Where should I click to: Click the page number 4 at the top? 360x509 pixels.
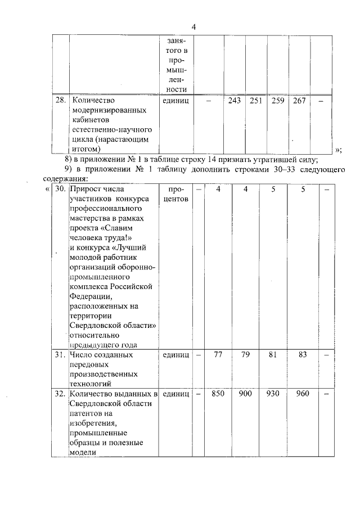(193, 27)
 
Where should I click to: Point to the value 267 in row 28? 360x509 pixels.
(299, 101)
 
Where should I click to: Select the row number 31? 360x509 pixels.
(60, 355)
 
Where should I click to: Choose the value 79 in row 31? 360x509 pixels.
(245, 355)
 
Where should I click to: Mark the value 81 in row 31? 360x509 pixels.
(273, 355)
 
